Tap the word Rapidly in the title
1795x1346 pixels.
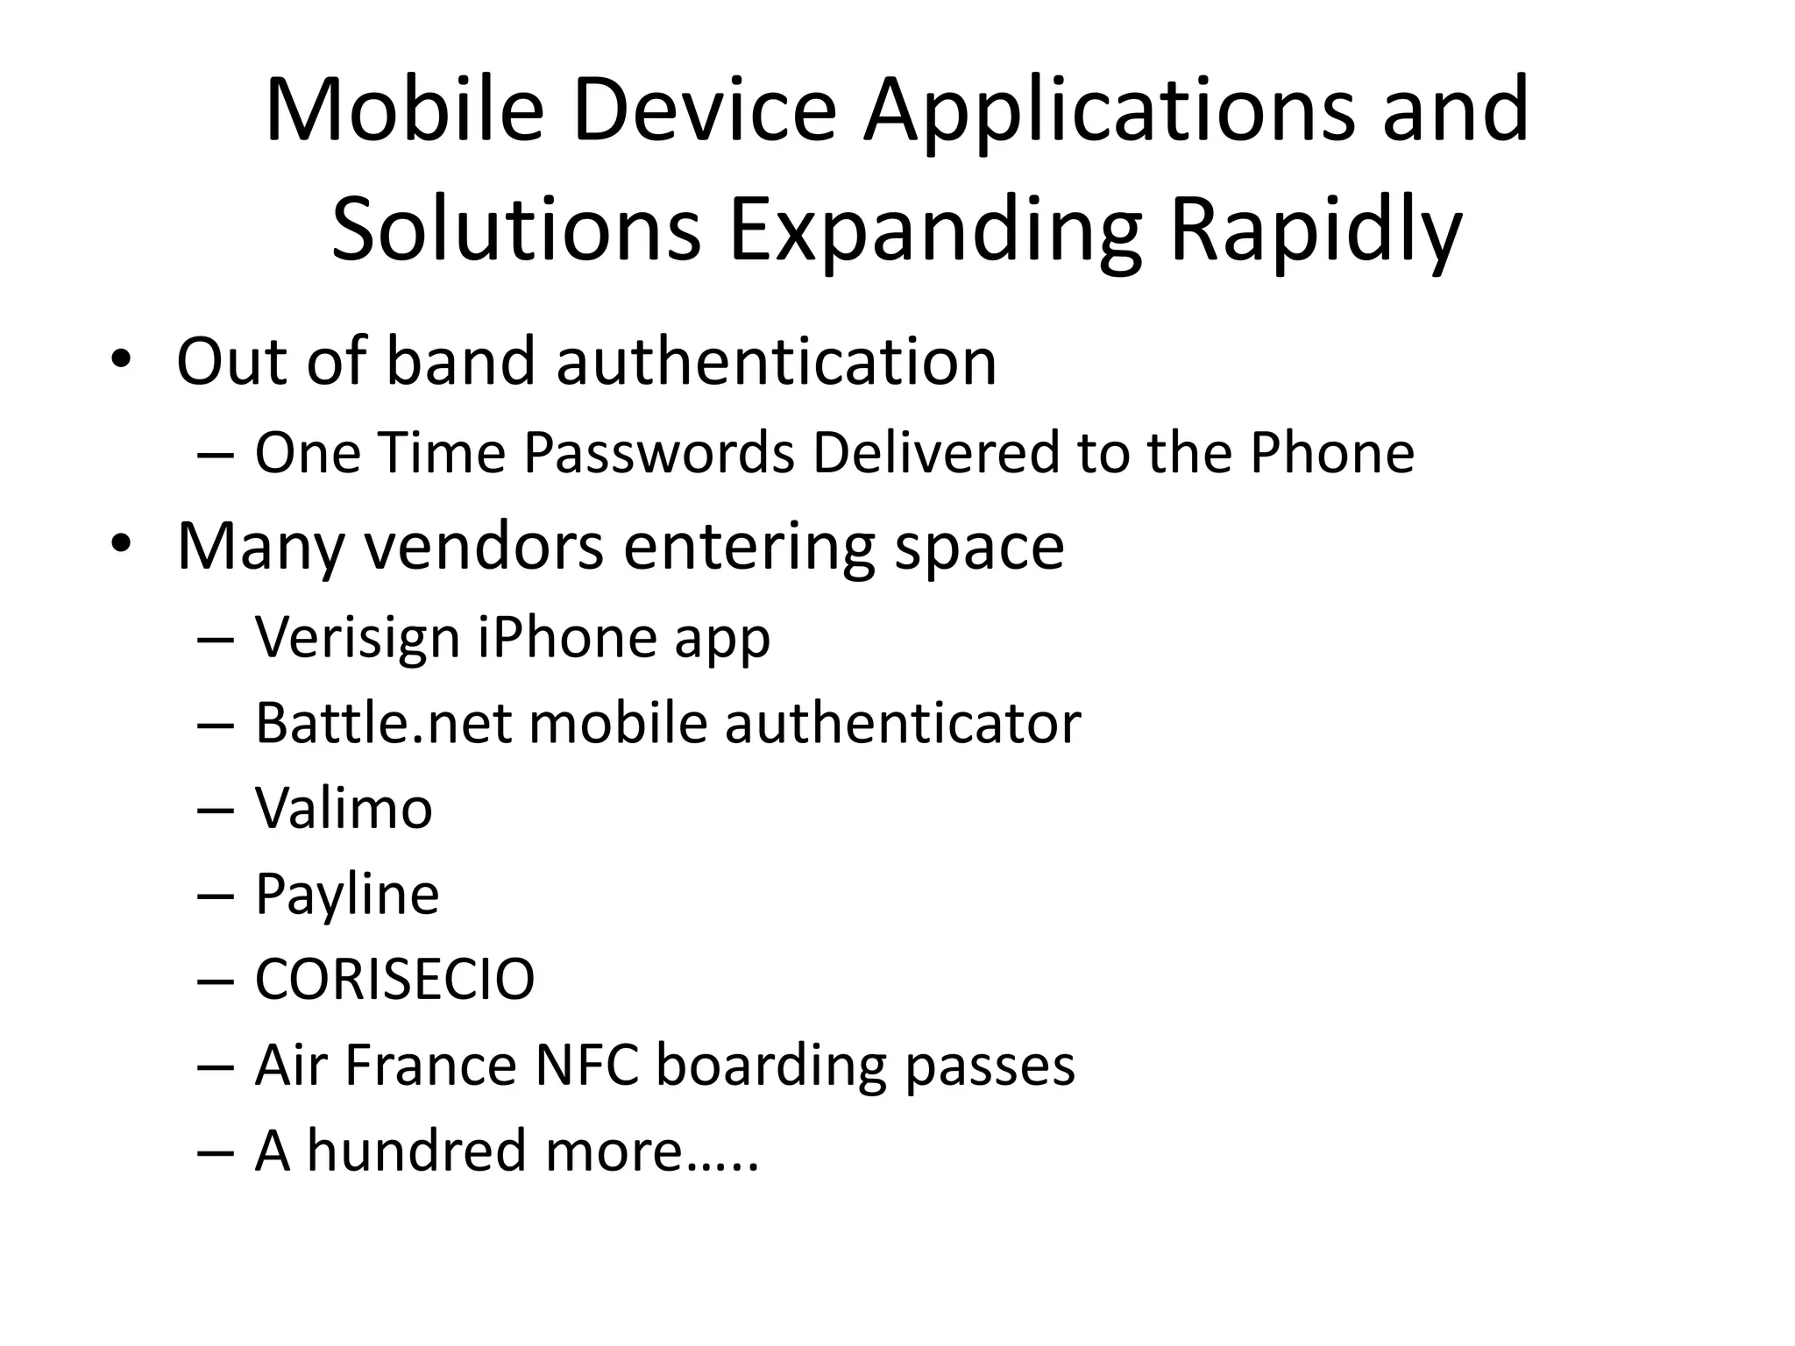1315,230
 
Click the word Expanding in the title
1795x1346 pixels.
935,230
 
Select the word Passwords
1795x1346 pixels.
658,453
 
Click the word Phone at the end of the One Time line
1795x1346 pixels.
1331,453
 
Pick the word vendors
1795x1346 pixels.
483,545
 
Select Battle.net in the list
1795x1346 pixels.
383,723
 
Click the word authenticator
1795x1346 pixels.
903,723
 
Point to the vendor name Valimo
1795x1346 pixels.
344,808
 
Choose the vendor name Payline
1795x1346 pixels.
347,894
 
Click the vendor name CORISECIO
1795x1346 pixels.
394,979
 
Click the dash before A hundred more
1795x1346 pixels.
216,1151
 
